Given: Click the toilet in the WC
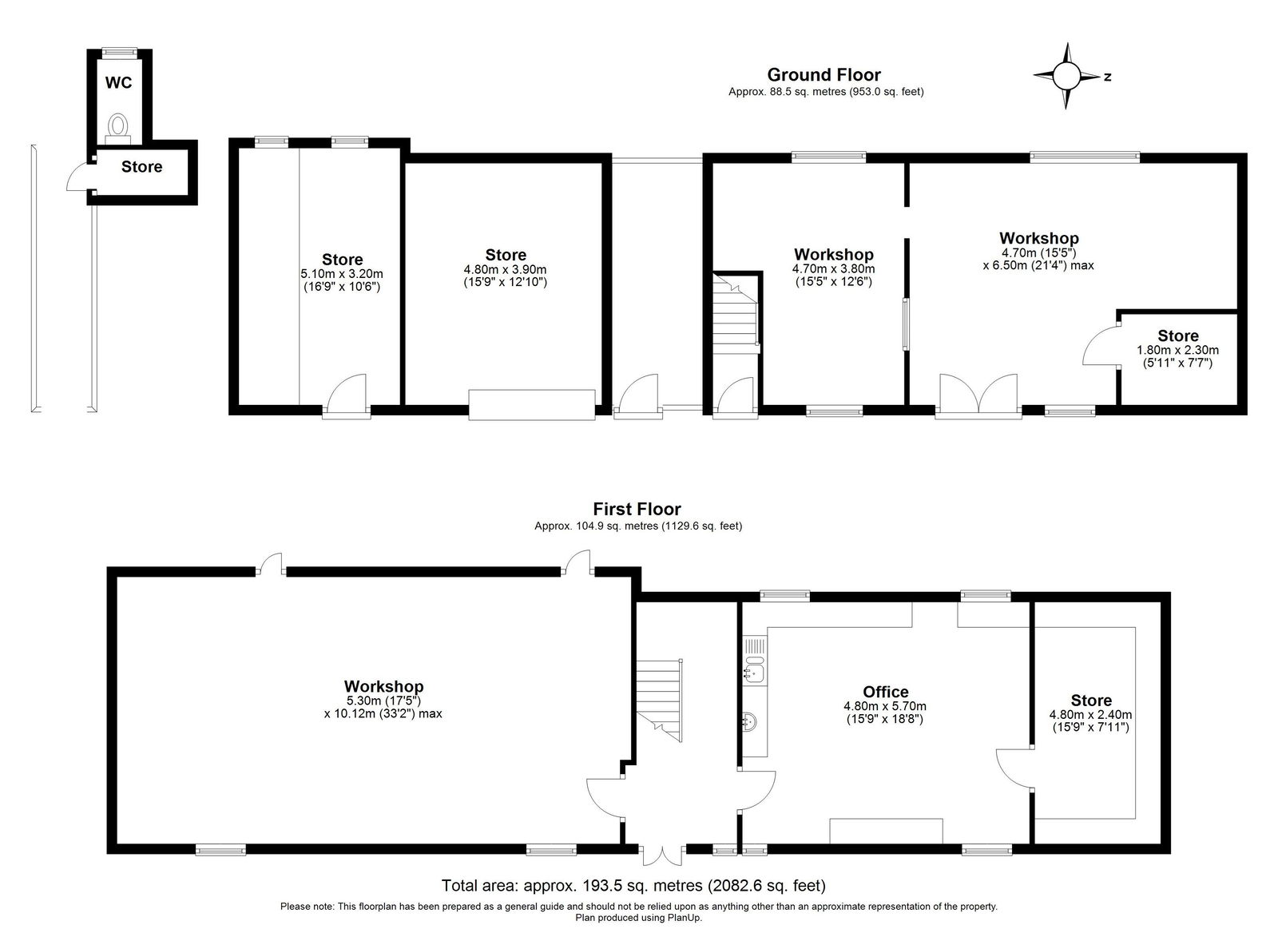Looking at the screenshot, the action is pos(119,128).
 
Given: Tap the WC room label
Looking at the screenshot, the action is pos(119,83).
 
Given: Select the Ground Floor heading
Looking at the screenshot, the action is pos(824,75).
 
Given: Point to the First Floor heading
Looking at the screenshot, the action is pos(637,509).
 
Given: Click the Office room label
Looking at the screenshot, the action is pos(886,693).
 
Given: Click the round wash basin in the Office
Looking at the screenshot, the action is pos(750,721).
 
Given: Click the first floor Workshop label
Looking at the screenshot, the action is pos(383,686).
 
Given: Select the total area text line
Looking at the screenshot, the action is pos(633,886).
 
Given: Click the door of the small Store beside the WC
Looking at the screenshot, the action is pos(80,177).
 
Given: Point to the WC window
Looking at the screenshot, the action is pos(120,52).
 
